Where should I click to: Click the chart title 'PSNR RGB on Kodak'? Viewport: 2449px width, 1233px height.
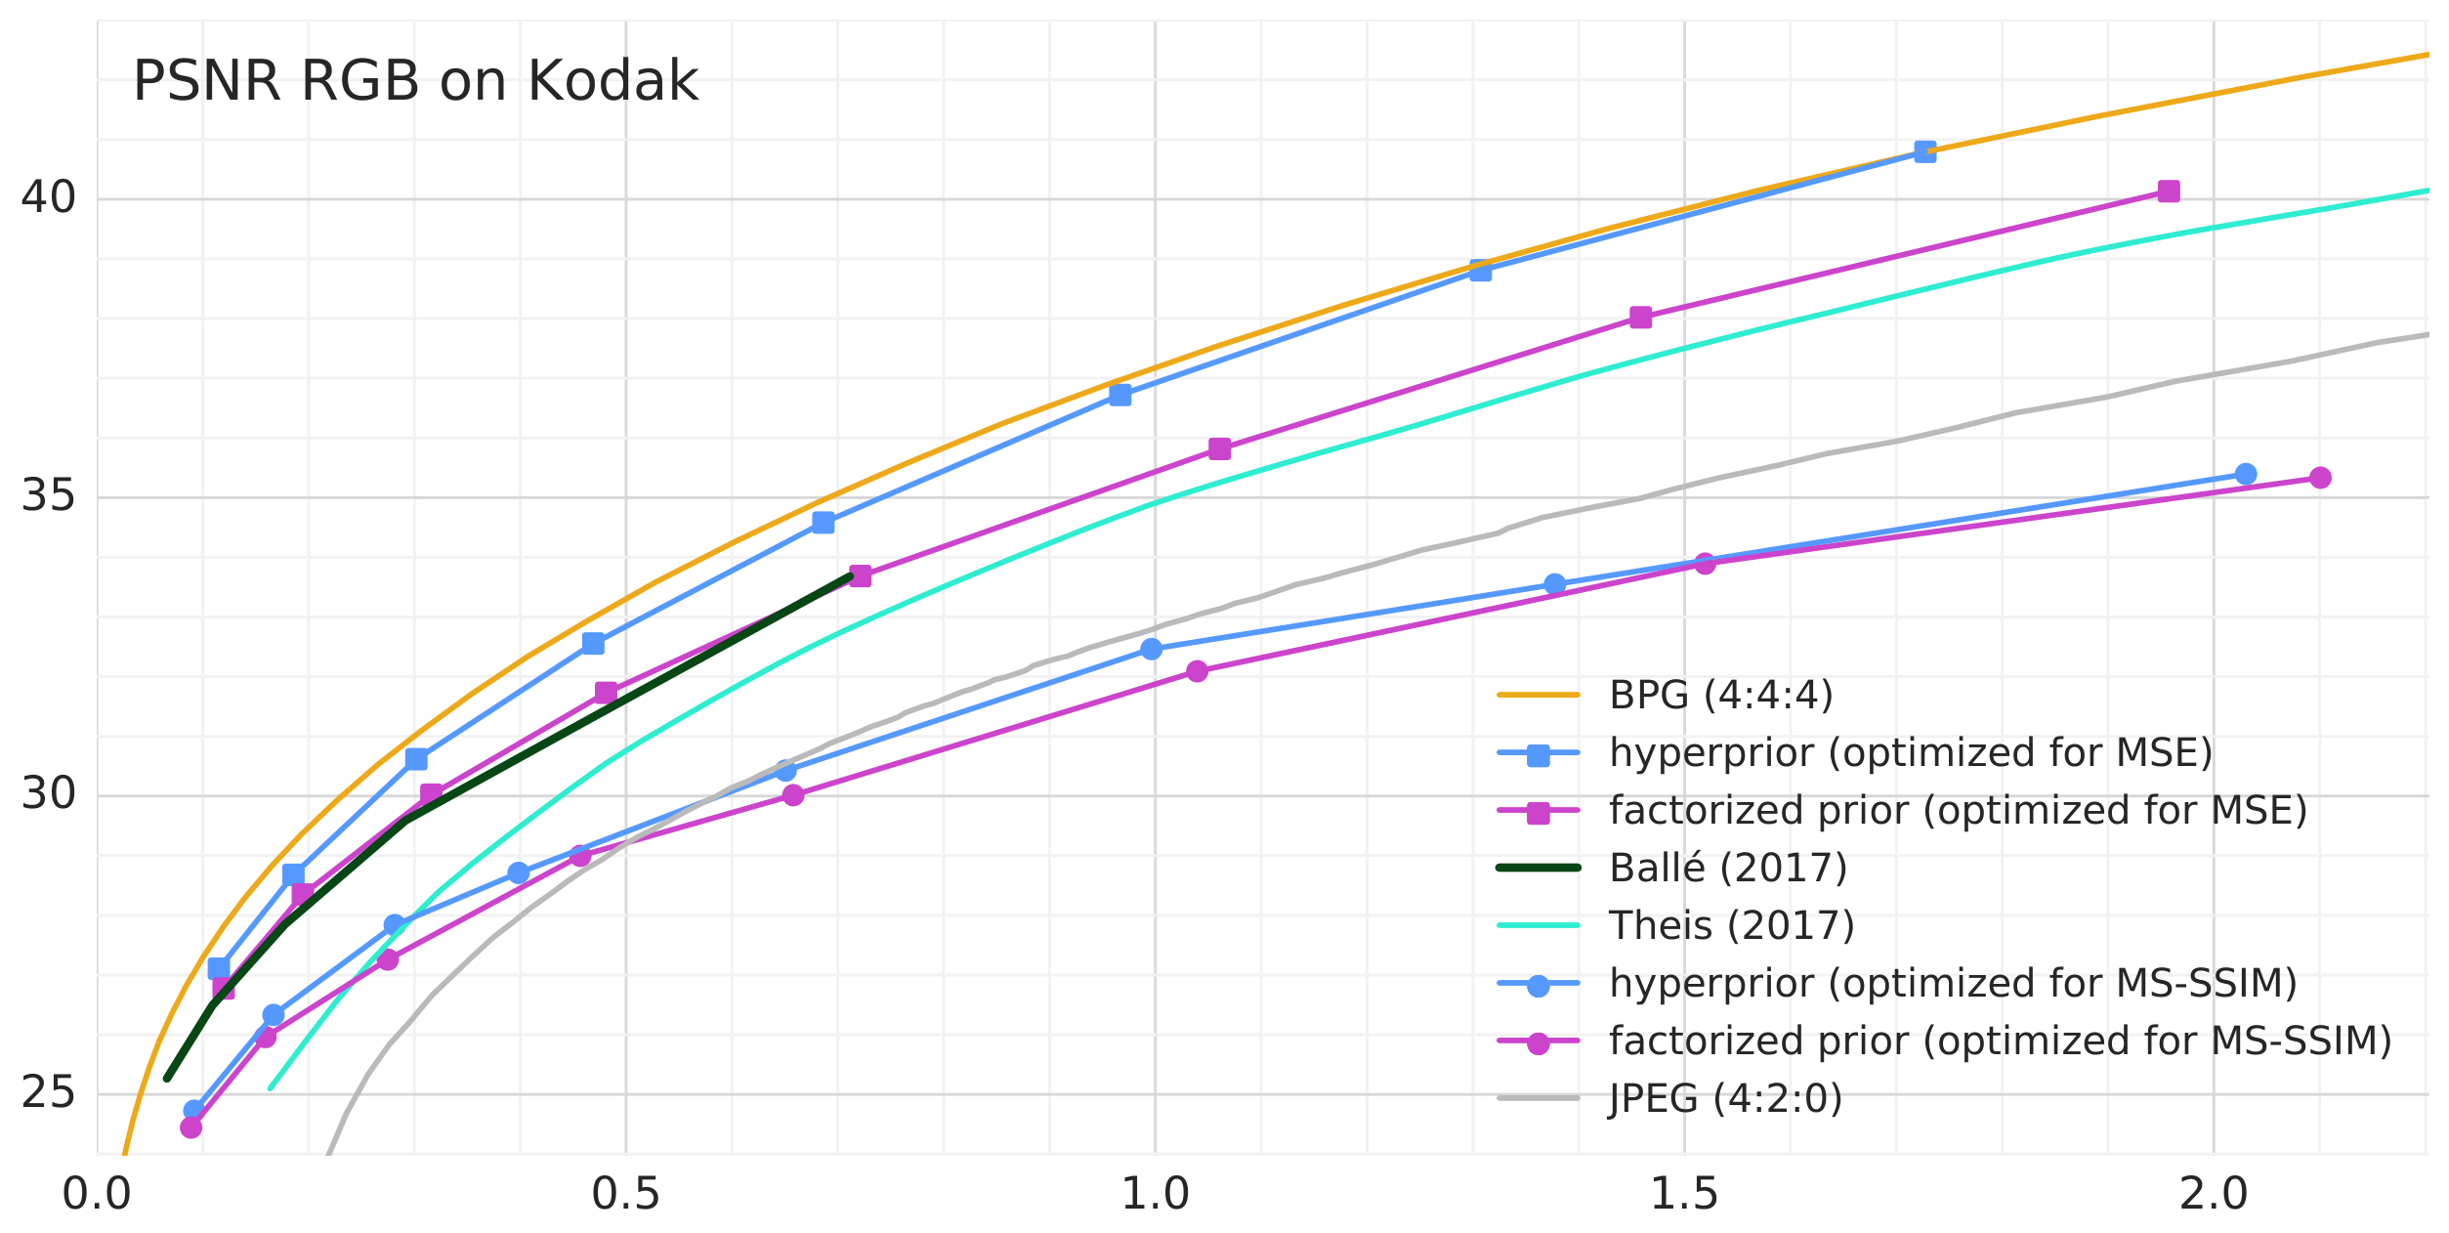tap(415, 81)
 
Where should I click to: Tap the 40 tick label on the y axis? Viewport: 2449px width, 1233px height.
tap(48, 198)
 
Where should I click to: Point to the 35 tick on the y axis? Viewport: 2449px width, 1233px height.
tap(48, 497)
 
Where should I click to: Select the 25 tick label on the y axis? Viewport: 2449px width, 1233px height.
tap(48, 1093)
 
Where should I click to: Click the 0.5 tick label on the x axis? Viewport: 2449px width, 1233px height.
tap(626, 1194)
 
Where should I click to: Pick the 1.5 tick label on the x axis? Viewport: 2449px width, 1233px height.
tap(1684, 1194)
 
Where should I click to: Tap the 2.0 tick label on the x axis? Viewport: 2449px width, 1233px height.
tap(2214, 1194)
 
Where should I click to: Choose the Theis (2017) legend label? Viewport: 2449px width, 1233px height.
tap(1732, 925)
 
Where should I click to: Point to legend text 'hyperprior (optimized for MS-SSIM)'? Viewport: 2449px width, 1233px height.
tap(1953, 983)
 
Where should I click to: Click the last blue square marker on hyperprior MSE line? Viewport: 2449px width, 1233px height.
tap(1924, 151)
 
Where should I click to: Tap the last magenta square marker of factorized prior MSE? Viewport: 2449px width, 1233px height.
tap(2169, 191)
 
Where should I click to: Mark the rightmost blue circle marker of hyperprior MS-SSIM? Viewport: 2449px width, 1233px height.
tap(2246, 474)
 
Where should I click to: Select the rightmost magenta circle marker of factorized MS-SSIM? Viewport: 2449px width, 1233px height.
tap(2320, 478)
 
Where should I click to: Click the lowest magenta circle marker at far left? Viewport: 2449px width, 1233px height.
tap(191, 1127)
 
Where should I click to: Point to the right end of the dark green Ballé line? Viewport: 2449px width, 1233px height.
tap(851, 576)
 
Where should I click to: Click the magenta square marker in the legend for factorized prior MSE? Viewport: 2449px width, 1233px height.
tap(1539, 811)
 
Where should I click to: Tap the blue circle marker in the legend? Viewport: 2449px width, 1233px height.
tap(1539, 984)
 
